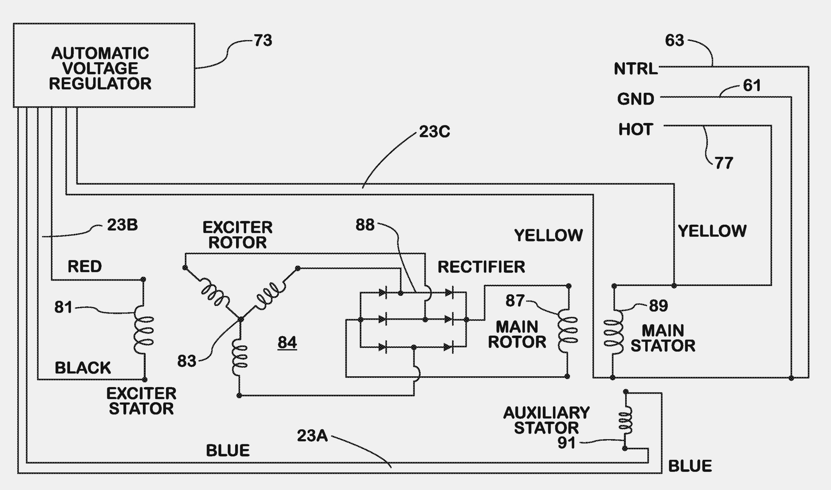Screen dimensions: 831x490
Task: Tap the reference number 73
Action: tap(263, 40)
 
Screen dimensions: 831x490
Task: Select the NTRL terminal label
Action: tap(636, 69)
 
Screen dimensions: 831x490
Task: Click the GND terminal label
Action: tap(636, 99)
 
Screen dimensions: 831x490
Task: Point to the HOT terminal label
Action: tap(636, 129)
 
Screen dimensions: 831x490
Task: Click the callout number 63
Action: tap(674, 40)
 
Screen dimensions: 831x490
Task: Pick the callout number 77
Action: tap(724, 163)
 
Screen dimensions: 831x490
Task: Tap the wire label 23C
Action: tap(434, 132)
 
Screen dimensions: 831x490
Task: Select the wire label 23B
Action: tap(122, 225)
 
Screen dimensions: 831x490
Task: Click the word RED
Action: tap(85, 267)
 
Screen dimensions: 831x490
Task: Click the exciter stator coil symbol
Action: tap(144, 330)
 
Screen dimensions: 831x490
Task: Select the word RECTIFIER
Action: tap(481, 267)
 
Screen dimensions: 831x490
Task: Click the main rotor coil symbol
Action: tap(568, 330)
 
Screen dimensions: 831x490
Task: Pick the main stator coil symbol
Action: tap(613, 332)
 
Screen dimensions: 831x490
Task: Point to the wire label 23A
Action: tap(312, 436)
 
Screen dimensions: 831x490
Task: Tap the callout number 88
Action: tap(365, 225)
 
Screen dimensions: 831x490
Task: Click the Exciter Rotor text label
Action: tap(237, 235)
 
